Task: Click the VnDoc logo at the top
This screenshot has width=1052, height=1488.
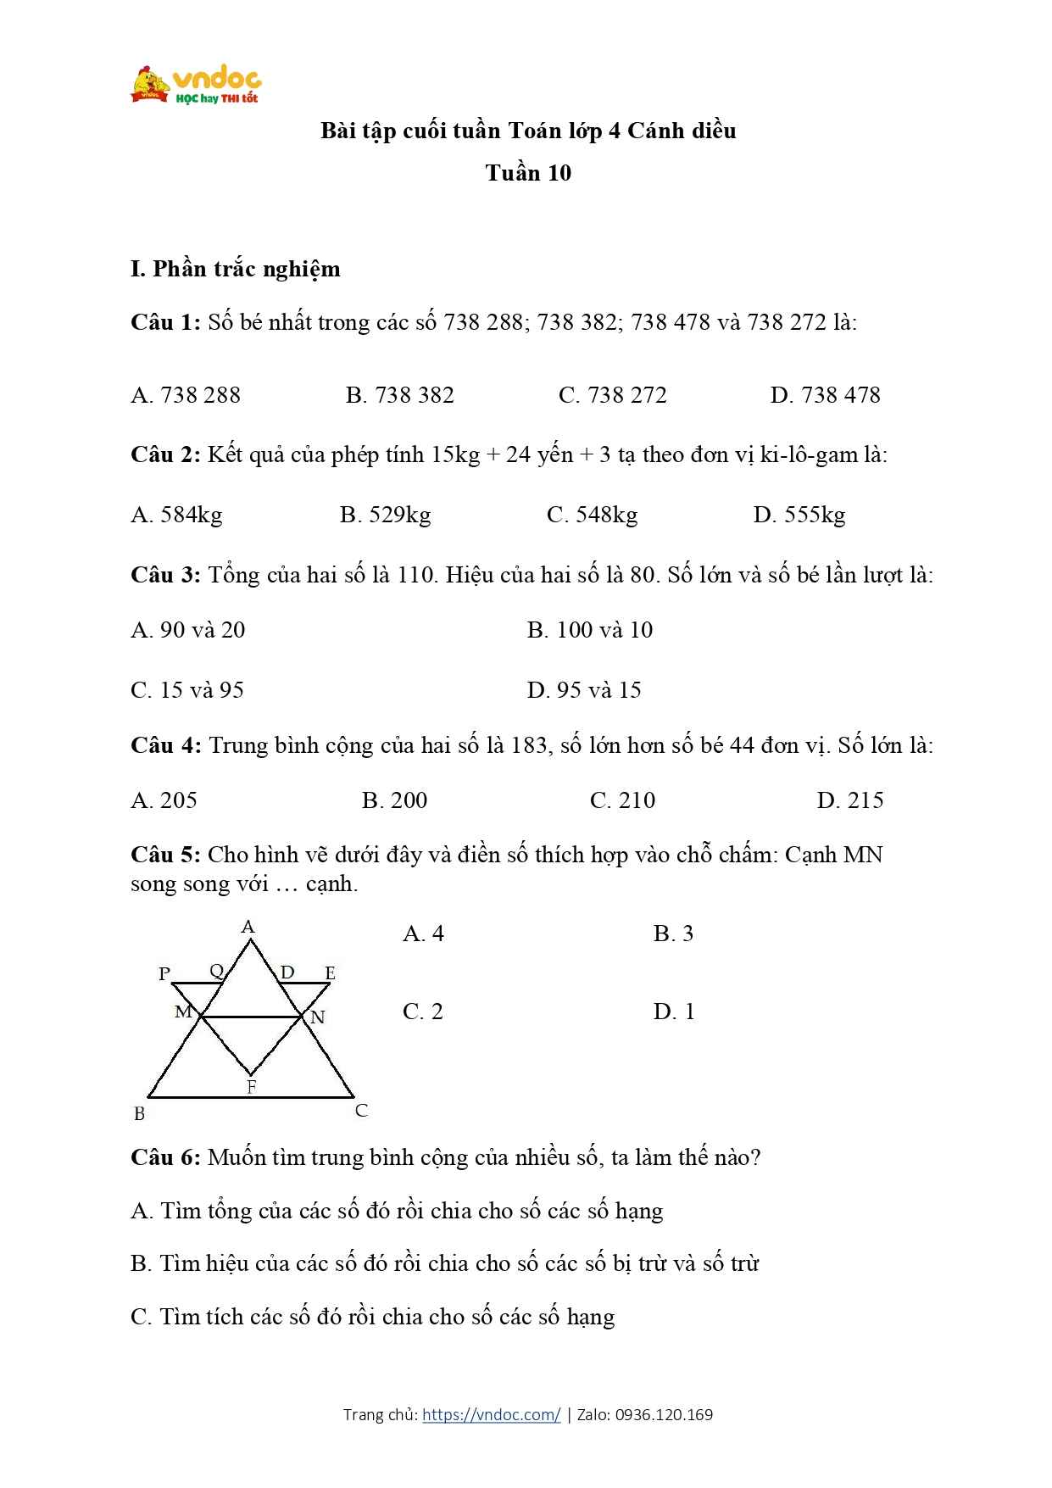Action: (196, 85)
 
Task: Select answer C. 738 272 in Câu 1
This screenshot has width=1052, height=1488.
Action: (613, 395)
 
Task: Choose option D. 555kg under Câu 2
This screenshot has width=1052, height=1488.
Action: (799, 515)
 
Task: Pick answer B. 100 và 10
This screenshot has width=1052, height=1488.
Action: (589, 630)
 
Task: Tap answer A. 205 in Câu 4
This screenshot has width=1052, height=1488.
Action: (164, 800)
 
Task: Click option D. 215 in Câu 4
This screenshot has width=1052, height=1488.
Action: (849, 800)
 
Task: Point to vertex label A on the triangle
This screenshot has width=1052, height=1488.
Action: (248, 927)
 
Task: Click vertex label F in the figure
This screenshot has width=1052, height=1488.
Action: (251, 1087)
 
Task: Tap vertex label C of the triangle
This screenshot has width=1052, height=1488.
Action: (361, 1111)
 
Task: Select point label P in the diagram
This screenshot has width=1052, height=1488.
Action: (164, 974)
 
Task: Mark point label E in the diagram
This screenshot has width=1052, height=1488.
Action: (330, 973)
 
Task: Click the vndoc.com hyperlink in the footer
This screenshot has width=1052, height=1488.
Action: (491, 1414)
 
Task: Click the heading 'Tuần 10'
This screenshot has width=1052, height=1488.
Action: (528, 173)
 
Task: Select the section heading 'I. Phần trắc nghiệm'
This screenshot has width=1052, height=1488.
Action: (235, 269)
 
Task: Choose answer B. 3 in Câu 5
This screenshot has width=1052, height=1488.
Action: (673, 933)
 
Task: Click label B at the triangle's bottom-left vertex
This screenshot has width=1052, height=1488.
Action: (140, 1114)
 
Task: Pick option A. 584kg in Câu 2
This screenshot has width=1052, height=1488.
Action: (176, 515)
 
